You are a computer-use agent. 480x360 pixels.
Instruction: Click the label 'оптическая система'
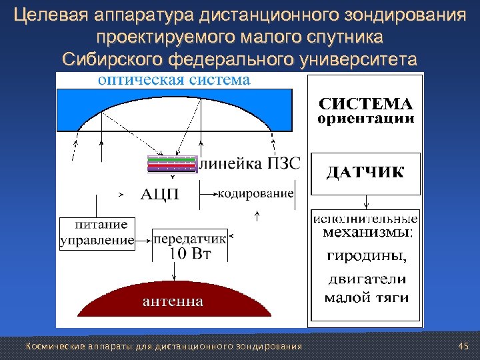(x=174, y=81)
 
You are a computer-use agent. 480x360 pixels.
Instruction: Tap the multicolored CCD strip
(x=173, y=165)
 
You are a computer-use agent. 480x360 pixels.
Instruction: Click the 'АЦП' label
(x=159, y=195)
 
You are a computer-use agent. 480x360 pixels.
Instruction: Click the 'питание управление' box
(x=97, y=233)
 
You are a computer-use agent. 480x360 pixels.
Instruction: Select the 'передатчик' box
(x=190, y=239)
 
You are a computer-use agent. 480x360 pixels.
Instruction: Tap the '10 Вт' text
(x=190, y=253)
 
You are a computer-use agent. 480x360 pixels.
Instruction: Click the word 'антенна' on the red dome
(x=173, y=301)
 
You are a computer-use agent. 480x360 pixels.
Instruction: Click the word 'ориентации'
(x=365, y=120)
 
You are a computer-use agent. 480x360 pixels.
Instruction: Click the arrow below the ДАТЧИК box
(x=366, y=202)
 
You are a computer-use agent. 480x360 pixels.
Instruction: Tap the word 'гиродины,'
(x=365, y=256)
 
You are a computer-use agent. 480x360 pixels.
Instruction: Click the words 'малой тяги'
(x=366, y=298)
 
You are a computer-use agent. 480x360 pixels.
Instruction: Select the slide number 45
(x=465, y=346)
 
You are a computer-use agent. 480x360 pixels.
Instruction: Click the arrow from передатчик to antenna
(x=175, y=270)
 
